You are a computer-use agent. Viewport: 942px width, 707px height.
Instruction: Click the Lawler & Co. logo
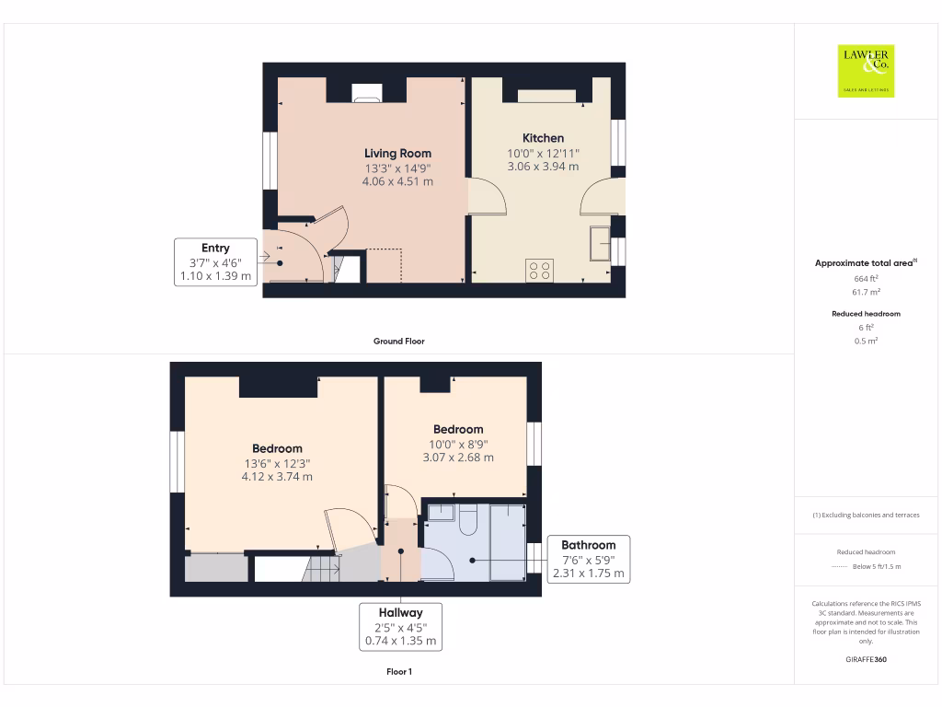[x=866, y=71]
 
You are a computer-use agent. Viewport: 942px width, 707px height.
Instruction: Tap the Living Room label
[x=397, y=153]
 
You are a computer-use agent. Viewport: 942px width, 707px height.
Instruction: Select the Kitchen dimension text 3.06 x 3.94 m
[x=543, y=167]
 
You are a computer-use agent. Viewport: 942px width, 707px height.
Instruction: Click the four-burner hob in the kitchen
[x=539, y=270]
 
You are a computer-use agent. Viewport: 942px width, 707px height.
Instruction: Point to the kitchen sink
[x=601, y=242]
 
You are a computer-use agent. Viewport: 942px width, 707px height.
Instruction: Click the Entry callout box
[x=215, y=262]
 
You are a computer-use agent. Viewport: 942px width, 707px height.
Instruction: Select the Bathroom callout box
[x=588, y=559]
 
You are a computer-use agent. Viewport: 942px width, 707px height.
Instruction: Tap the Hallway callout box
[x=400, y=627]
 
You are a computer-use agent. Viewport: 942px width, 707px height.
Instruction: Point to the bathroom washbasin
[x=441, y=512]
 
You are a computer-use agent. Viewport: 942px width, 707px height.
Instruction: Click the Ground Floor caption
[x=398, y=341]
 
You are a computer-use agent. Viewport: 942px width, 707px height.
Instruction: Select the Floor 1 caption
[x=398, y=672]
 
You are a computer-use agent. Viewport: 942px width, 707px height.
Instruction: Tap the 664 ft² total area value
[x=866, y=277]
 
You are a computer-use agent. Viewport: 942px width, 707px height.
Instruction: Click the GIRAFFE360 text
[x=866, y=659]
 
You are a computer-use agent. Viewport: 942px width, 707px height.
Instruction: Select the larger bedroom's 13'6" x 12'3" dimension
[x=277, y=463]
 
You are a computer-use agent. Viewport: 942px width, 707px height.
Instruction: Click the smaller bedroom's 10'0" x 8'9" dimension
[x=458, y=444]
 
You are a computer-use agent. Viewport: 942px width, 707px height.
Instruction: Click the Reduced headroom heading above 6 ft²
[x=866, y=314]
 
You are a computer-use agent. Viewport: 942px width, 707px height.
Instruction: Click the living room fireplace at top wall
[x=367, y=92]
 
